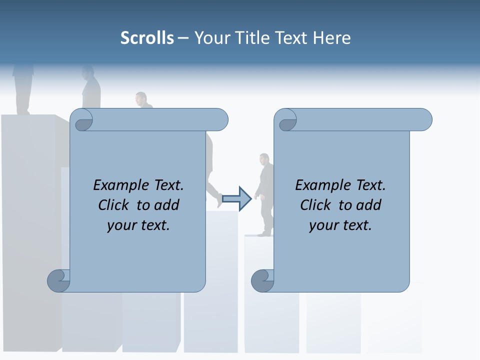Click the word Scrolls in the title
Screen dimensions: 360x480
pos(147,38)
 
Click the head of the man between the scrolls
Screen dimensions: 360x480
pos(264,159)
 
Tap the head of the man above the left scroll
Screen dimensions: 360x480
pos(141,98)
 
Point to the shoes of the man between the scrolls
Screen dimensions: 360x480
pos(265,233)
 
